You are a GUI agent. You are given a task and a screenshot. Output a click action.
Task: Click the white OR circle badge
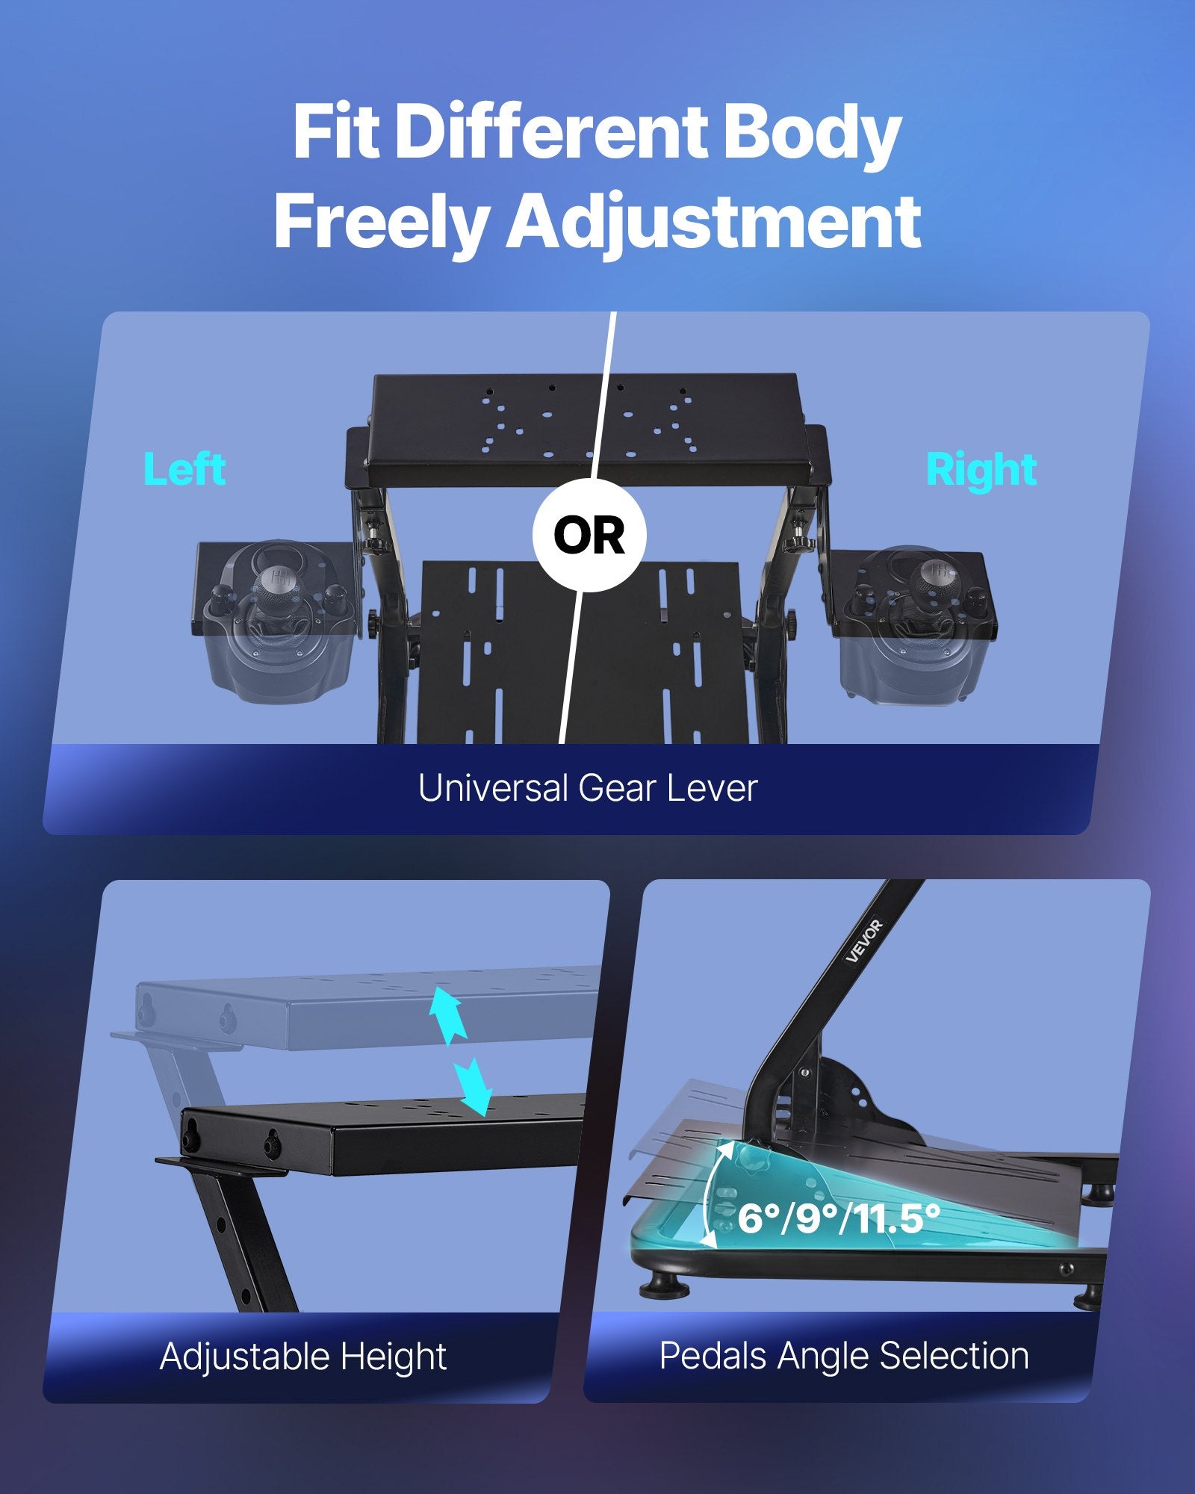click(x=589, y=536)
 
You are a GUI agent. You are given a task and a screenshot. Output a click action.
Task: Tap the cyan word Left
click(x=184, y=470)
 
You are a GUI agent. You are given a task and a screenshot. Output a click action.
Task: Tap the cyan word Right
click(x=981, y=470)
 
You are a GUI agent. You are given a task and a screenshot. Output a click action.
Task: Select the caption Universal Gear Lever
click(x=588, y=788)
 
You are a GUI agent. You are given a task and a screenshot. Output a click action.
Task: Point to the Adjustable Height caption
click(x=302, y=1356)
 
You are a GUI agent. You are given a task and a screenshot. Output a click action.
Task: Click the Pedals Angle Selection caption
click(x=844, y=1355)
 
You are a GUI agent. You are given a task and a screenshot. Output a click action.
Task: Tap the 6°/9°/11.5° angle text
click(x=838, y=1218)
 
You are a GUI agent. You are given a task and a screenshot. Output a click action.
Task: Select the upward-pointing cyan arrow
click(x=446, y=1016)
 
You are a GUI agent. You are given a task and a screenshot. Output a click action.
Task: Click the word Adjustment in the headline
click(x=714, y=222)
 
